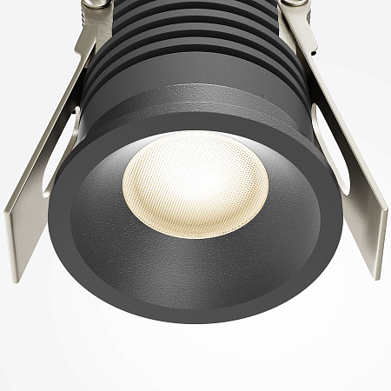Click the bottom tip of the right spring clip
pos(375,274)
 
